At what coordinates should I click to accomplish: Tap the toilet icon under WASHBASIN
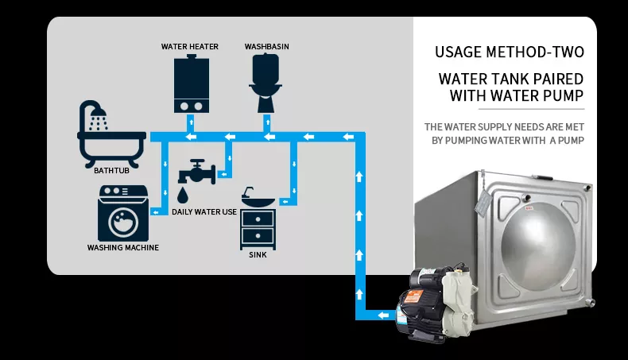pos(266,83)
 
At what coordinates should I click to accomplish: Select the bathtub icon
pos(111,134)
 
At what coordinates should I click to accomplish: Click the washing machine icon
pos(123,213)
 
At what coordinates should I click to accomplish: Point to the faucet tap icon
pos(197,172)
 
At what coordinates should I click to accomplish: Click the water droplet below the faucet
pos(183,195)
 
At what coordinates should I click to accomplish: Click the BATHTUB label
pos(111,171)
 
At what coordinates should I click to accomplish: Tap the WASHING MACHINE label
pos(123,248)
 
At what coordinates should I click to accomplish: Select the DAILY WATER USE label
pos(204,212)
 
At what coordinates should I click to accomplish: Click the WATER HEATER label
pos(190,46)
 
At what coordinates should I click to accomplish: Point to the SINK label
pos(258,255)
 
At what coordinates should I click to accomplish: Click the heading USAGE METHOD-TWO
pos(510,52)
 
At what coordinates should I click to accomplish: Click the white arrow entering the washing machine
pos(155,212)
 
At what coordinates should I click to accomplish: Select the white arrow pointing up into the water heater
pos(191,122)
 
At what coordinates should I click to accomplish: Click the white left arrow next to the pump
pos(383,315)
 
